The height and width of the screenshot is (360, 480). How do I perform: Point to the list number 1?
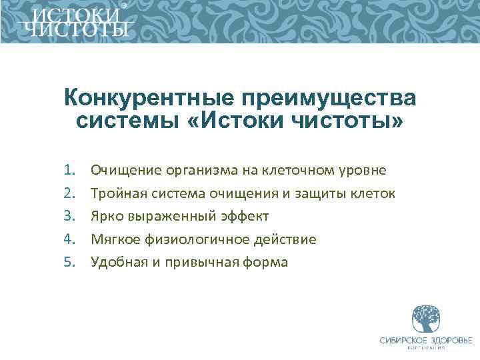click(71, 170)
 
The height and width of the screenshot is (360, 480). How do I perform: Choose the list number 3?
click(71, 216)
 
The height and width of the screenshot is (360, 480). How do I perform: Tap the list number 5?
click(71, 262)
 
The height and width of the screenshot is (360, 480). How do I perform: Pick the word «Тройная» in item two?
click(118, 193)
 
